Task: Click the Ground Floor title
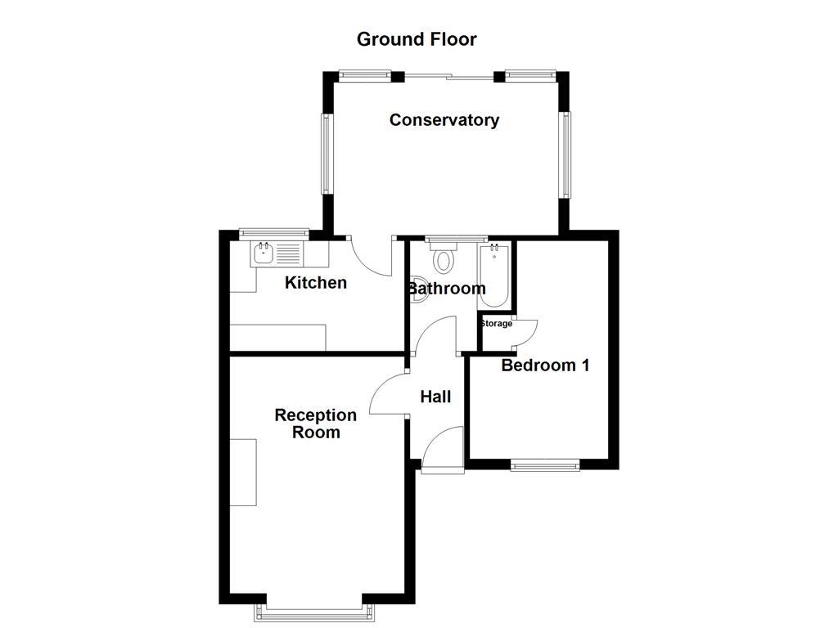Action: click(x=417, y=39)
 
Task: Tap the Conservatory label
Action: click(x=444, y=120)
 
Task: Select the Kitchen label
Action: click(x=315, y=283)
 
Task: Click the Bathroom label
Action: click(x=447, y=289)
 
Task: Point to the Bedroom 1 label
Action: click(x=545, y=366)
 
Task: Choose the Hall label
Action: click(x=435, y=397)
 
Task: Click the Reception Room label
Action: click(x=316, y=424)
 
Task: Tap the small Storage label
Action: click(x=496, y=324)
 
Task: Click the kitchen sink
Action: click(x=264, y=253)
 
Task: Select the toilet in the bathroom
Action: click(x=444, y=258)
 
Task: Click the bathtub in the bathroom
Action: click(x=494, y=276)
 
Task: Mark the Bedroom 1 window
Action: click(x=545, y=465)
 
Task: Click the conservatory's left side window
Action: click(x=327, y=154)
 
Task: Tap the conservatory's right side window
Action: click(x=565, y=154)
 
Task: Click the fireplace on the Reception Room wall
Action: click(x=243, y=472)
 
